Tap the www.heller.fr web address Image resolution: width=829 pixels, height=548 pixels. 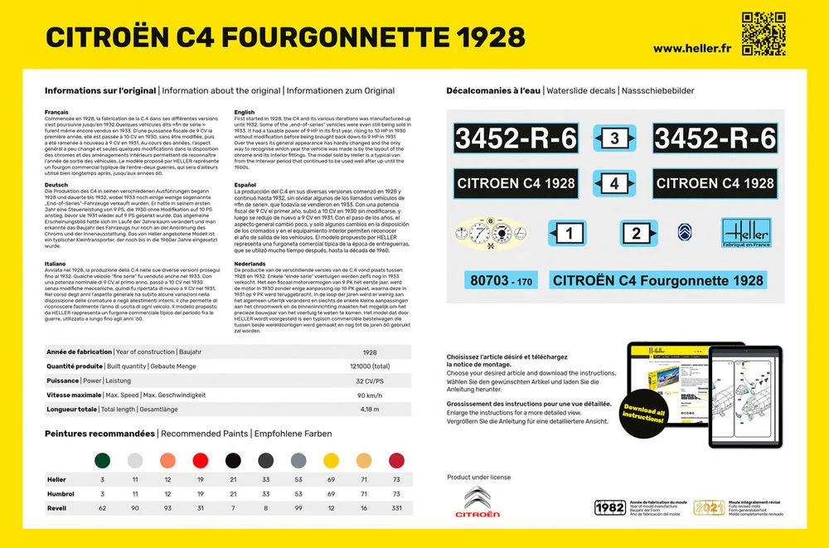pyautogui.click(x=692, y=47)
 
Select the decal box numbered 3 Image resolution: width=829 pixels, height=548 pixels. pyautogui.click(x=614, y=138)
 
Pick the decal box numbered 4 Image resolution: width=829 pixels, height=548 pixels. pyautogui.click(x=614, y=183)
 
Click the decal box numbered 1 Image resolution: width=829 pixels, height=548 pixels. pyautogui.click(x=568, y=235)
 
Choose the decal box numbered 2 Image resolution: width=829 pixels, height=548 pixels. pyautogui.click(x=636, y=235)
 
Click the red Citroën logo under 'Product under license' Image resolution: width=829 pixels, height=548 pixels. pyautogui.click(x=482, y=502)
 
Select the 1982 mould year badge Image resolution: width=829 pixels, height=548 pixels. pyautogui.click(x=610, y=507)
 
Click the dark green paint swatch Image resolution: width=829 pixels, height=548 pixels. pyautogui.click(x=102, y=460)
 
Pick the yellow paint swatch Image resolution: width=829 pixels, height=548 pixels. pyautogui.click(x=331, y=460)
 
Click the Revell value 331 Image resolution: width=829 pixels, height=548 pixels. pyautogui.click(x=396, y=507)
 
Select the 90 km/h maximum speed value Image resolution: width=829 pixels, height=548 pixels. pyautogui.click(x=370, y=395)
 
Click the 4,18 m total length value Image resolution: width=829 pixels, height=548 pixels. pyautogui.click(x=370, y=409)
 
